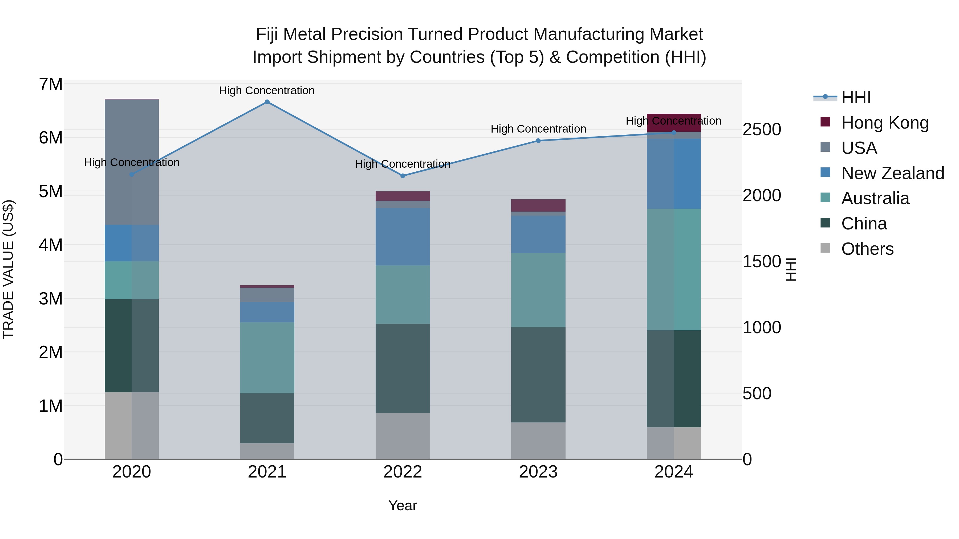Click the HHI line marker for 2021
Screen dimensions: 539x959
(267, 102)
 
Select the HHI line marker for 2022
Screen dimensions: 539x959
(403, 176)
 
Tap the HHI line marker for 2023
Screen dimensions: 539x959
(538, 141)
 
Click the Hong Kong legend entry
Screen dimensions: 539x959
(884, 122)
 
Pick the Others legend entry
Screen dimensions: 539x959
(867, 249)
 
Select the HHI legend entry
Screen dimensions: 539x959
(855, 97)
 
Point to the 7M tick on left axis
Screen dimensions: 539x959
(51, 84)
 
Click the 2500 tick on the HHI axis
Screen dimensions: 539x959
(762, 129)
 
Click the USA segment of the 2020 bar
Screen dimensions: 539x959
(132, 162)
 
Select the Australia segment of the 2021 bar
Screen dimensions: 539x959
(267, 357)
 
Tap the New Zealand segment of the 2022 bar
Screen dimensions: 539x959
(403, 237)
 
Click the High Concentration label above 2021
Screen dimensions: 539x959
(267, 90)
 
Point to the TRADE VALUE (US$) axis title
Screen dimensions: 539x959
(9, 269)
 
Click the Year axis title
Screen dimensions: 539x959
(403, 505)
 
